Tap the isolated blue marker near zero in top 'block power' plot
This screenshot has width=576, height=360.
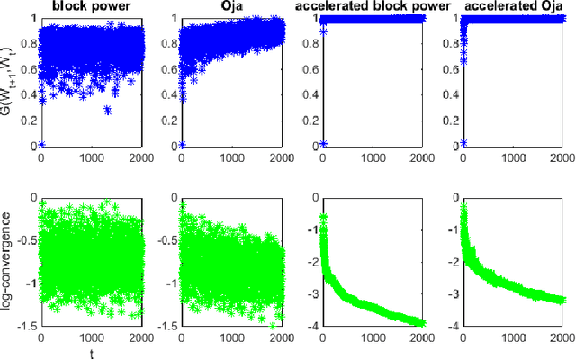coord(41,144)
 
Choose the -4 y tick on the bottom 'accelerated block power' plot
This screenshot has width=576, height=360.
coord(311,327)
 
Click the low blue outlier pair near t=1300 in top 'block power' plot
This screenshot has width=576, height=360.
coord(108,110)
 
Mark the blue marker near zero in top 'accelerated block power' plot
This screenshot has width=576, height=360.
coord(323,144)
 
